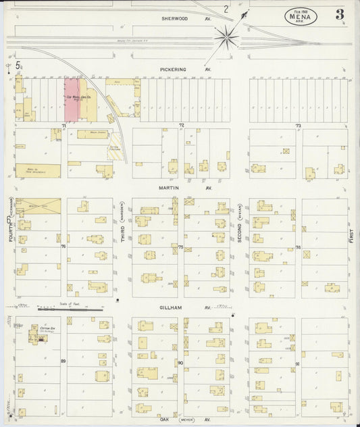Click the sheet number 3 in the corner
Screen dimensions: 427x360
pos(339,14)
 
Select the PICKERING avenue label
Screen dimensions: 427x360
pos(173,69)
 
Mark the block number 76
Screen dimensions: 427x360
pos(63,247)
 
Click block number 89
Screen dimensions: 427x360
pos(63,362)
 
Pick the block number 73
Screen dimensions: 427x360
pos(297,126)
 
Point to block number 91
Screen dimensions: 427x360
pos(297,363)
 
